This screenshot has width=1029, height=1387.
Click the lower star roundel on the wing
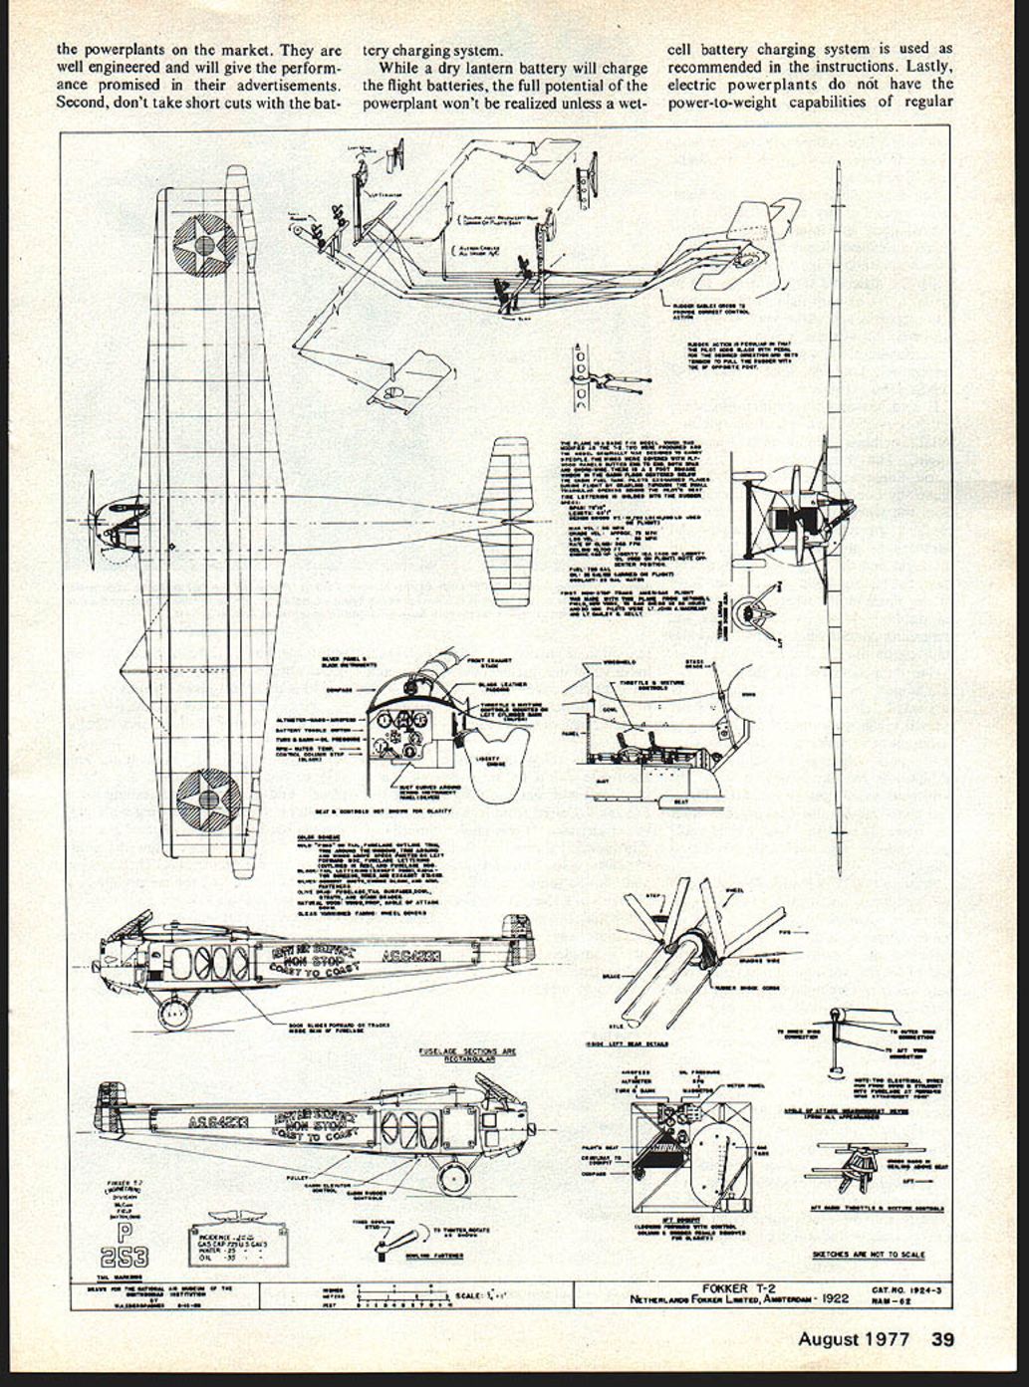208,801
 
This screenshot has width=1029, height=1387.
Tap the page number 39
942,1339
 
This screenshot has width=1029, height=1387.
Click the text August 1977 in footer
853,1339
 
